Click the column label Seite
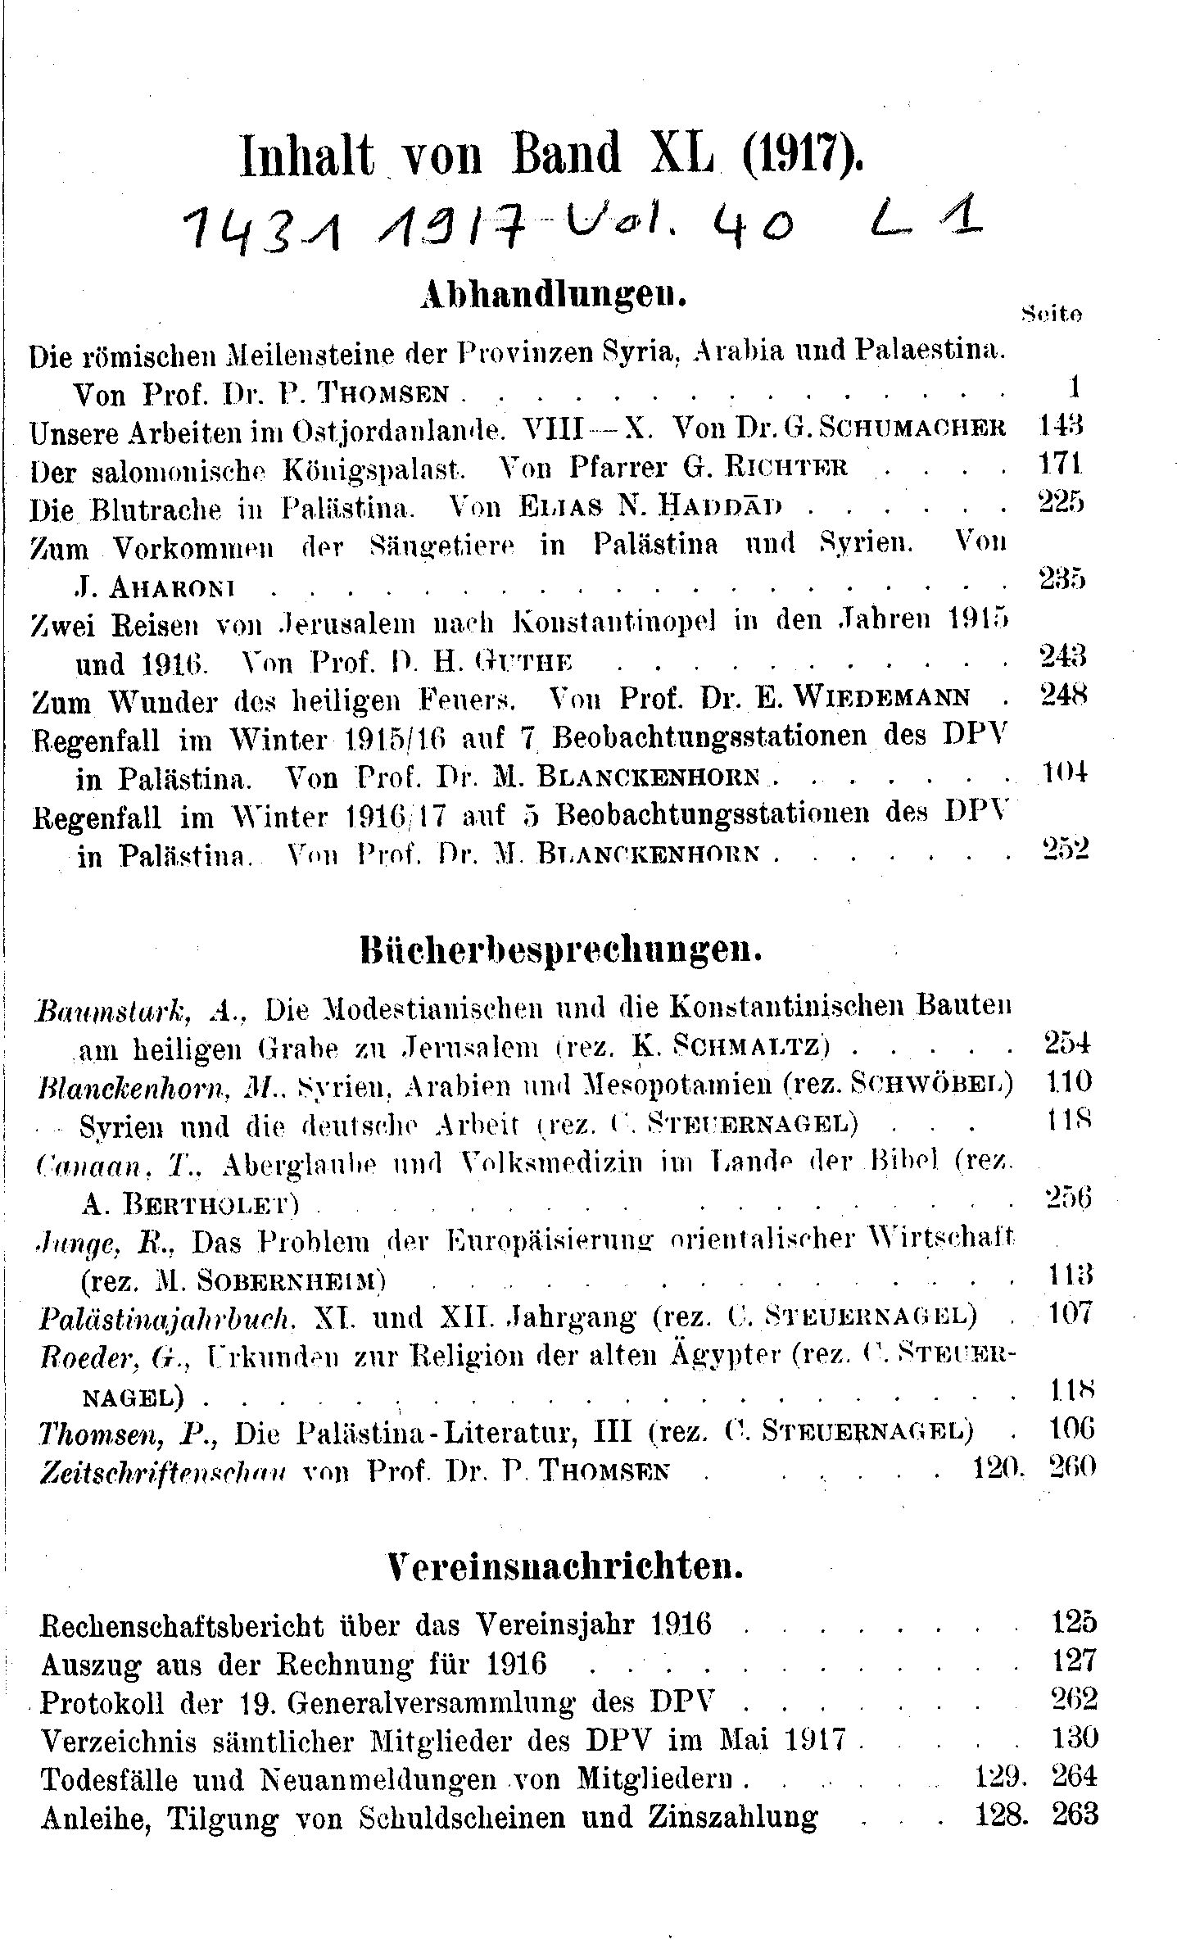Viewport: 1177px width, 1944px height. click(x=1052, y=312)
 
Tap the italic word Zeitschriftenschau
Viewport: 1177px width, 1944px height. click(x=163, y=1471)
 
